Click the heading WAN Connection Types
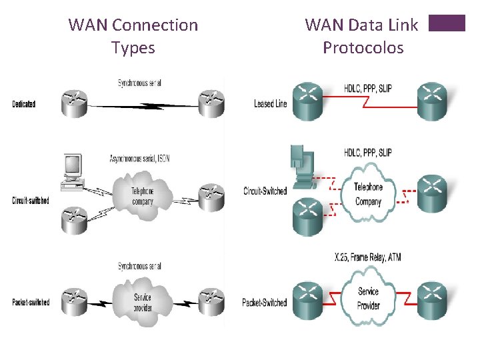point(133,36)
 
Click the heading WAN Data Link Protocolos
point(362,36)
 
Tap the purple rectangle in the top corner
point(447,23)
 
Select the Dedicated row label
point(24,104)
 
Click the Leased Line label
point(270,104)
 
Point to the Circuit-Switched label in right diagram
point(265,191)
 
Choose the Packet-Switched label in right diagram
point(265,303)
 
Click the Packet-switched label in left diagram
point(31,303)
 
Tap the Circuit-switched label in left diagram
point(31,201)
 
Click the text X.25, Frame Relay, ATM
point(368,257)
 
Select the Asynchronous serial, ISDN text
point(139,159)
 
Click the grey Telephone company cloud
point(141,195)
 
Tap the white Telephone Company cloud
point(368,194)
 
